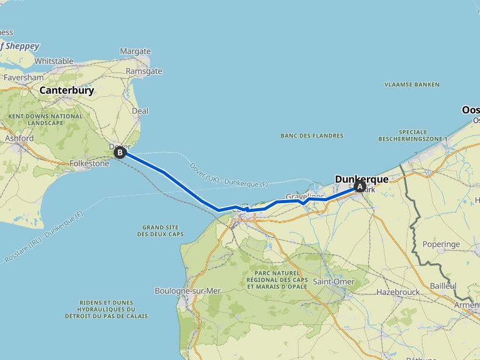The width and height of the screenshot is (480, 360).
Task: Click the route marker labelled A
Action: [359, 186]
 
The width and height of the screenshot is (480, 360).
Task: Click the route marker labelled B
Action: [119, 152]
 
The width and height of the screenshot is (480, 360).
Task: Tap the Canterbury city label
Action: [66, 90]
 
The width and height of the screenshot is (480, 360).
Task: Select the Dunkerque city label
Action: [361, 179]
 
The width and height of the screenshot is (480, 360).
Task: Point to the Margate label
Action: [135, 51]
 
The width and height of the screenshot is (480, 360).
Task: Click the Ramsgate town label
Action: [144, 71]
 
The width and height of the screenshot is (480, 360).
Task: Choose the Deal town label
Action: [140, 111]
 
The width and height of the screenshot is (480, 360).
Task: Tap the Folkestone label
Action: [89, 164]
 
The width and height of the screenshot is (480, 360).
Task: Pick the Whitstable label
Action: [54, 61]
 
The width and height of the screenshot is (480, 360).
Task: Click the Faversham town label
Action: [24, 77]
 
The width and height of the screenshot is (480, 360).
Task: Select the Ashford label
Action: [19, 138]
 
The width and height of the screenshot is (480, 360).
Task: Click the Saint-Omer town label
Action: [334, 282]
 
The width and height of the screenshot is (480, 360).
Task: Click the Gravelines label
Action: [305, 196]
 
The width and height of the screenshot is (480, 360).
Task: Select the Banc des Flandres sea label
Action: [312, 136]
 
